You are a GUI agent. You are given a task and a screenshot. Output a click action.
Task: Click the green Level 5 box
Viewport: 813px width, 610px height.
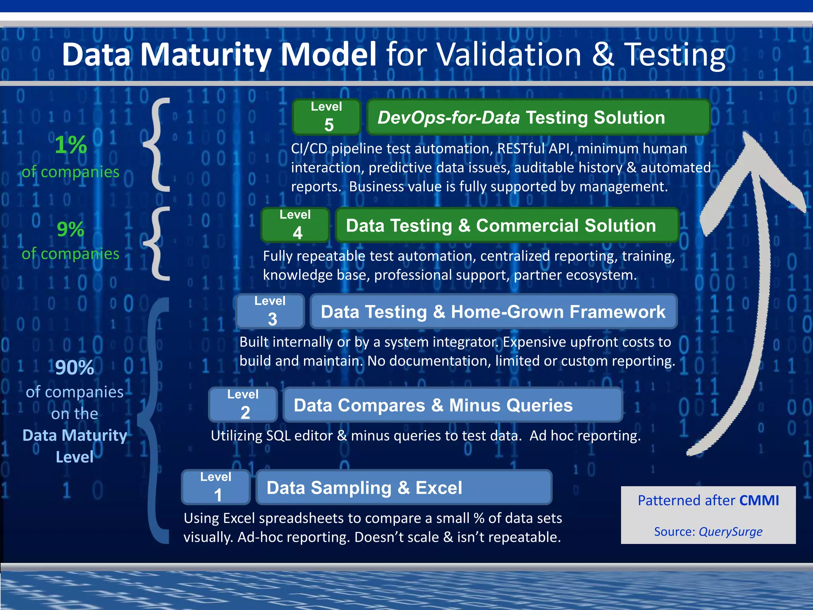click(x=326, y=117)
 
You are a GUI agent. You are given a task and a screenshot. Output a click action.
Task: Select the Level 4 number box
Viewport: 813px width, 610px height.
click(x=295, y=225)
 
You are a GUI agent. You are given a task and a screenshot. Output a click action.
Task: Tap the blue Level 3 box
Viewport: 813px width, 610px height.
click(x=270, y=311)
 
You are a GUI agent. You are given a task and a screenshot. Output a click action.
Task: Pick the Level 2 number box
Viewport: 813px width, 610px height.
click(x=243, y=405)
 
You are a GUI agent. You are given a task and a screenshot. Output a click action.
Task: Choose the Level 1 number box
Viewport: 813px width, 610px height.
click(x=216, y=487)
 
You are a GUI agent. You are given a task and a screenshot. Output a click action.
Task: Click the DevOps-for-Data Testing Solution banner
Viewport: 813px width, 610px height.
click(x=538, y=118)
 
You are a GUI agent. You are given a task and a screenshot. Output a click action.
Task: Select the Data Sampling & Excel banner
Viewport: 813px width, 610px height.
click(x=404, y=487)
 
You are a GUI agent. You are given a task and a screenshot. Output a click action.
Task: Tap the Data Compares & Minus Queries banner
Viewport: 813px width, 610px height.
click(x=453, y=405)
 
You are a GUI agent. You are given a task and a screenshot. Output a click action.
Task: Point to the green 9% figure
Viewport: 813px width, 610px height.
click(x=71, y=229)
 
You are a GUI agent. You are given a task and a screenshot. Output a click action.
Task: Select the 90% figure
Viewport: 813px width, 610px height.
click(x=75, y=367)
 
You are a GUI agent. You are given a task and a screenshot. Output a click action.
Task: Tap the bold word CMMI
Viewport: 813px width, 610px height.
click(x=759, y=500)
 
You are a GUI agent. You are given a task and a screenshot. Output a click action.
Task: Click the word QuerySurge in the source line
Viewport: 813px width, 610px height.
click(x=730, y=531)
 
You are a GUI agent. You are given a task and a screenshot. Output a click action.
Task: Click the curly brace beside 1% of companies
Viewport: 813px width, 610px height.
click(x=158, y=145)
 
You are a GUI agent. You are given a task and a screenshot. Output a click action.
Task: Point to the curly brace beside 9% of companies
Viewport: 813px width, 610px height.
click(x=158, y=243)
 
